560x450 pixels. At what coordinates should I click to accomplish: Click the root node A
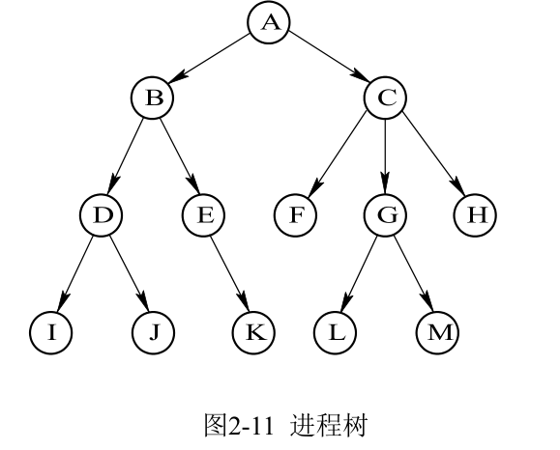pyautogui.click(x=269, y=22)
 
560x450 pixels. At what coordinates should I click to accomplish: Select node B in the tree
pyautogui.click(x=153, y=97)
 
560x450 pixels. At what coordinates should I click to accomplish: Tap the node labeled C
pyautogui.click(x=385, y=97)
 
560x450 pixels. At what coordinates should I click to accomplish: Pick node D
pyautogui.click(x=102, y=214)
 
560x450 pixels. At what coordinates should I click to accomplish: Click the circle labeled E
pyautogui.click(x=204, y=214)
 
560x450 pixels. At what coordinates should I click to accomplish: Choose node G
pyautogui.click(x=385, y=214)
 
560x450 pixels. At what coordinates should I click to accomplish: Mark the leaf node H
pyautogui.click(x=475, y=214)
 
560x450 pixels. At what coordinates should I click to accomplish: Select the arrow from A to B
pyautogui.click(x=211, y=60)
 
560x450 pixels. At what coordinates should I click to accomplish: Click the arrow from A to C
pyautogui.click(x=327, y=60)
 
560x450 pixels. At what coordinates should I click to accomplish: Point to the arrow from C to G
pyautogui.click(x=385, y=155)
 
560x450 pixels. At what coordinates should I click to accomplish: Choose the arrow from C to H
pyautogui.click(x=430, y=155)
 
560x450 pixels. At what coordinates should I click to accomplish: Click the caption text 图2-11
pyautogui.click(x=238, y=425)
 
